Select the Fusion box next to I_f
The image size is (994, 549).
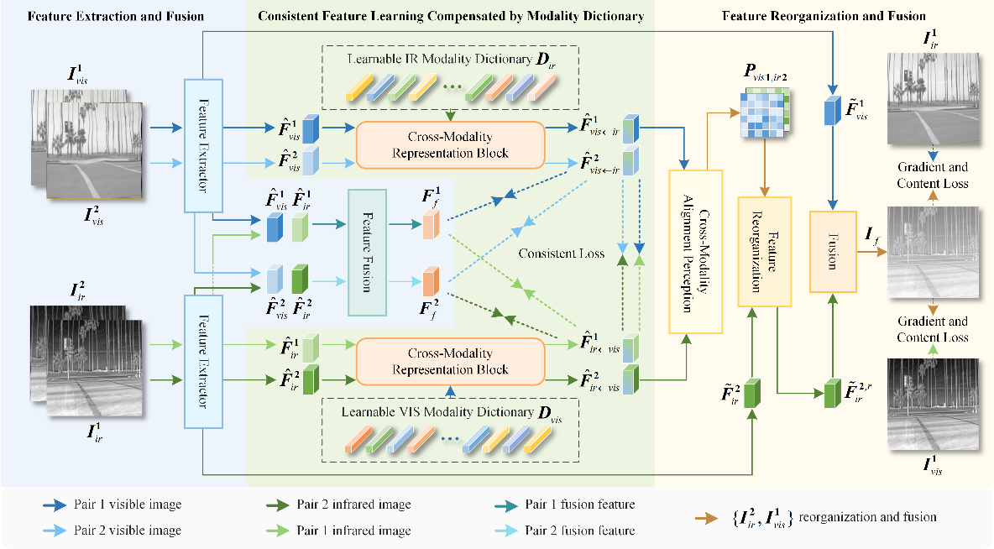[x=833, y=252]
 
